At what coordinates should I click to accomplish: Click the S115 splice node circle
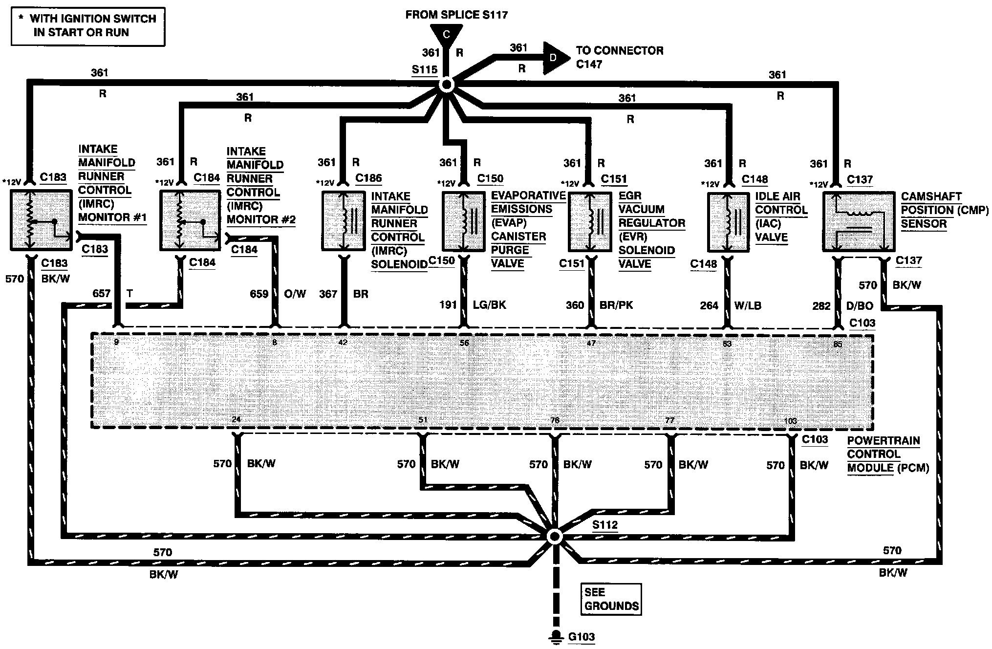446,85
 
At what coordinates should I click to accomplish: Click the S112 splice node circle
555,537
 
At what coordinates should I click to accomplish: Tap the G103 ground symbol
555,636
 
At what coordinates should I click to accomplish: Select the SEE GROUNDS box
611,599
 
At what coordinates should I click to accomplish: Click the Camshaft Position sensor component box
859,221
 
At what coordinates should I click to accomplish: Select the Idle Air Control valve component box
728,222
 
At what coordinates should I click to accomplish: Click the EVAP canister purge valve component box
463,221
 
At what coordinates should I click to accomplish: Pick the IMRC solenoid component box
344,221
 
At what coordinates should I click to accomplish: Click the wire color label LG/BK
489,305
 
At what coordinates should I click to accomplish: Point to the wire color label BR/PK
616,305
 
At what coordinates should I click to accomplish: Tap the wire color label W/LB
748,306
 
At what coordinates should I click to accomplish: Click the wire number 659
259,294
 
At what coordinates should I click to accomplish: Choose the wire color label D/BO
860,306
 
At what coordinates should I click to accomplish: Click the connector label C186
368,178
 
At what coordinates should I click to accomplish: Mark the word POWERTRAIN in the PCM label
884,441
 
